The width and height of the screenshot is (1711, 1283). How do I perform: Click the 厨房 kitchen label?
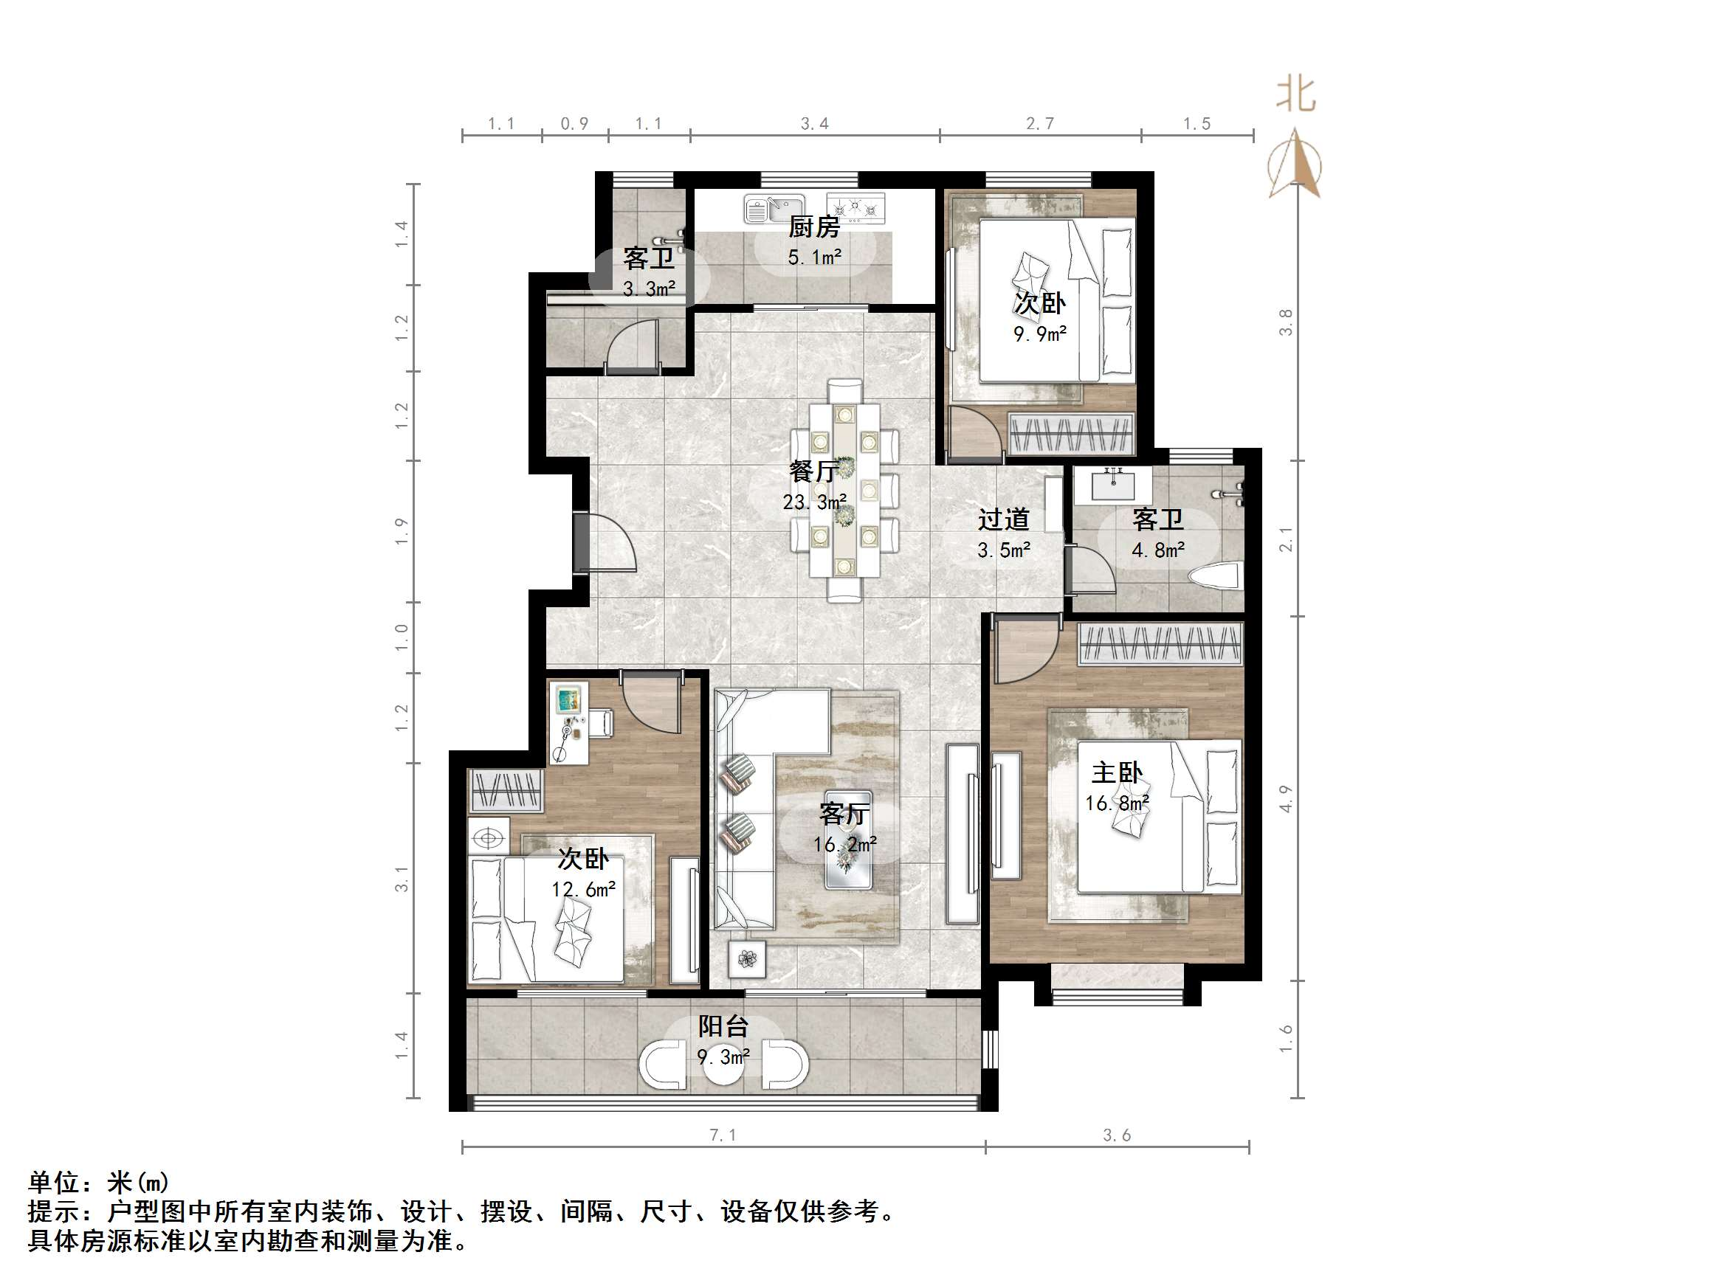pos(813,227)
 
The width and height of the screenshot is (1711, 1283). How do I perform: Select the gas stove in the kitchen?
pos(855,207)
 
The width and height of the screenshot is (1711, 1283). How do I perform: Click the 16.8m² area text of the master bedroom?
pos(1117,803)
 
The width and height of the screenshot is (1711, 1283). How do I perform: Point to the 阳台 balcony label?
pos(723,1027)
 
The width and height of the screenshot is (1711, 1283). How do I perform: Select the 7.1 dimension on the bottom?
pos(723,1135)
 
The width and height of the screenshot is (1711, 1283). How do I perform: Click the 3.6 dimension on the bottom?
pos(1117,1135)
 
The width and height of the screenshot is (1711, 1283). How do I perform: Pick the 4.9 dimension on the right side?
pos(1286,798)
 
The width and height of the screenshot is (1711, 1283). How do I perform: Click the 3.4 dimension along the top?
pos(814,124)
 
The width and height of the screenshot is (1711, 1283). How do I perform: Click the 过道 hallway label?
pos(1003,519)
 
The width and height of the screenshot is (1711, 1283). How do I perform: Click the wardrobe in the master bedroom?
pos(1160,644)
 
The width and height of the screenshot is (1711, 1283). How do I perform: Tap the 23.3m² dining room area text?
pos(813,502)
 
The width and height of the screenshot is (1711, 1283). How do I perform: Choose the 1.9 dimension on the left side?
pos(401,530)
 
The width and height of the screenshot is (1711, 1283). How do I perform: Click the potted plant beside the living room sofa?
pos(747,960)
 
